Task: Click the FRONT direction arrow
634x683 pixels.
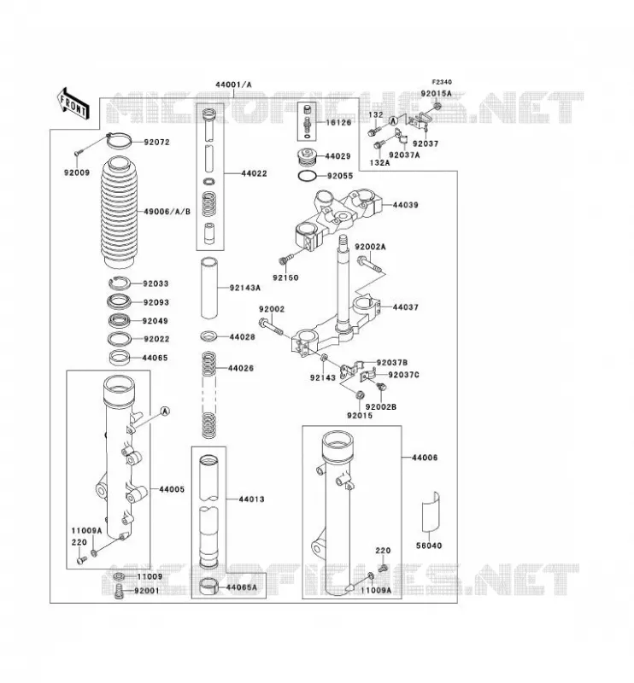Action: pyautogui.click(x=73, y=103)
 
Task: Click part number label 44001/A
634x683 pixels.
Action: pyautogui.click(x=233, y=85)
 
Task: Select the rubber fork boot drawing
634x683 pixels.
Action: pyautogui.click(x=119, y=211)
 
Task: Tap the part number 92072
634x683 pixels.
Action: pyautogui.click(x=156, y=142)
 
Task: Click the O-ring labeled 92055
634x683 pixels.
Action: pyautogui.click(x=307, y=177)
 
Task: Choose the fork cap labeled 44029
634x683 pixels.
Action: pyautogui.click(x=308, y=157)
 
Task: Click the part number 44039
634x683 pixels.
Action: pyautogui.click(x=405, y=205)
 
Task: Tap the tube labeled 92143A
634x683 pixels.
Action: pyautogui.click(x=208, y=289)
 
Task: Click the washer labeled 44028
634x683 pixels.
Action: pyautogui.click(x=209, y=336)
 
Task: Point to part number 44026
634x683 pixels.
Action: pyautogui.click(x=241, y=368)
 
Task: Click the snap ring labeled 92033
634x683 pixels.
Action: pyautogui.click(x=120, y=283)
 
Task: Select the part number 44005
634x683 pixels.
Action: pyautogui.click(x=172, y=489)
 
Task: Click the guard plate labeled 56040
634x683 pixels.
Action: pyautogui.click(x=431, y=512)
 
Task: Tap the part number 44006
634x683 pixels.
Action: pyautogui.click(x=425, y=458)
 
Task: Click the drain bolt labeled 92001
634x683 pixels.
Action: pyautogui.click(x=119, y=592)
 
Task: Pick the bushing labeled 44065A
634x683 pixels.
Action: pyautogui.click(x=208, y=586)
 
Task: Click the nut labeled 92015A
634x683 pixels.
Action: pyautogui.click(x=437, y=106)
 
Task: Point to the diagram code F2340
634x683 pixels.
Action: pyautogui.click(x=442, y=82)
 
